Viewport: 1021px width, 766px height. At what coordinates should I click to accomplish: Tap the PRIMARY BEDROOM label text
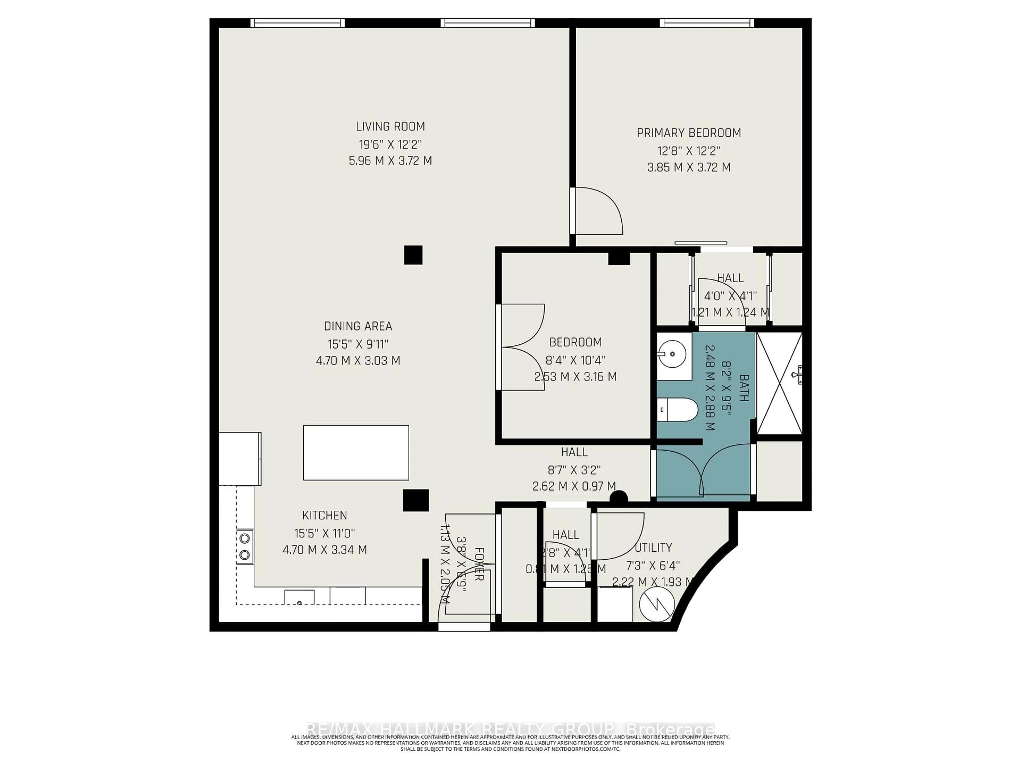coord(689,133)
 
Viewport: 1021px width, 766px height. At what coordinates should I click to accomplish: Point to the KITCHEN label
coord(324,515)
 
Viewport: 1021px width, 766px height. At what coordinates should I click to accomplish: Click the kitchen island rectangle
coord(356,452)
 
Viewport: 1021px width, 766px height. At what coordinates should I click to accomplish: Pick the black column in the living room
coord(413,255)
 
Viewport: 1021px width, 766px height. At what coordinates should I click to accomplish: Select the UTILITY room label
coord(653,548)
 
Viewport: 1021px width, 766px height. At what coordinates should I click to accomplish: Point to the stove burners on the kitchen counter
coord(245,546)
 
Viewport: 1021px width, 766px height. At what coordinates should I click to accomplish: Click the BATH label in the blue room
coord(744,388)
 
